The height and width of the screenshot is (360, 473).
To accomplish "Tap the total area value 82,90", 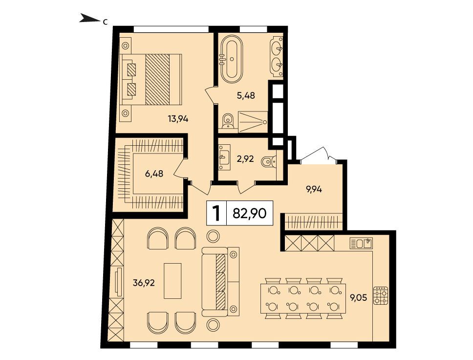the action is click(x=250, y=213).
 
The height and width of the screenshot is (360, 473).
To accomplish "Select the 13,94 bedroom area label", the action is click(x=178, y=119).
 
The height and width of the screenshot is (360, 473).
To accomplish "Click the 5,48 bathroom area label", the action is click(x=246, y=95).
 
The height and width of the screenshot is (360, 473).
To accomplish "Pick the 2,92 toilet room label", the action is click(x=245, y=158).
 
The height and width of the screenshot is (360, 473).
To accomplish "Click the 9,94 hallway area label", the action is click(x=314, y=189).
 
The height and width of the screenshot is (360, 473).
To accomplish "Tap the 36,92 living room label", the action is click(x=144, y=283).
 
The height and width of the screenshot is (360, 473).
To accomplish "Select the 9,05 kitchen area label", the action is click(x=358, y=298).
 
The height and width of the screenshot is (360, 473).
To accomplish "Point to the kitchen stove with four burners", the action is click(x=381, y=295).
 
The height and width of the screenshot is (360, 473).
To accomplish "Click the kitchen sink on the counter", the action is click(x=361, y=243).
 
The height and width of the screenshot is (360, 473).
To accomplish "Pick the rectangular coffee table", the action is click(x=172, y=281).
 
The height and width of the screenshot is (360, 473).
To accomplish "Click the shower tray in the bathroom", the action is click(x=253, y=122).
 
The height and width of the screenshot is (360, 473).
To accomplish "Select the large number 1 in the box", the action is click(x=216, y=213).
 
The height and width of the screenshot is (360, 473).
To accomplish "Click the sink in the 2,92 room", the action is click(x=224, y=157).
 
